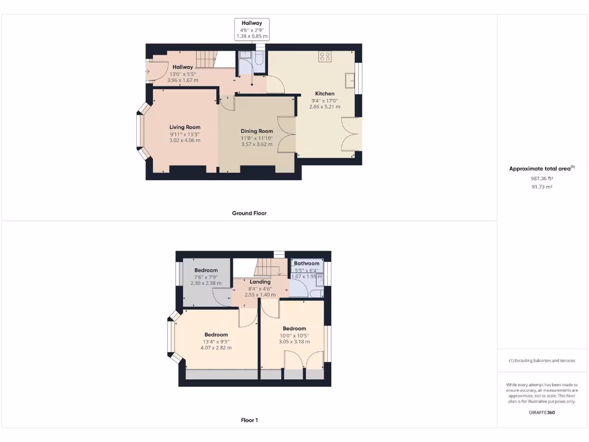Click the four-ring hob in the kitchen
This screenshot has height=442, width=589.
point(325,56)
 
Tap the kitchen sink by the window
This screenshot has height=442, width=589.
point(349,79)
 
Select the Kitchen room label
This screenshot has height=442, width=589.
point(324,93)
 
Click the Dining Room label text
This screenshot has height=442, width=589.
point(257,131)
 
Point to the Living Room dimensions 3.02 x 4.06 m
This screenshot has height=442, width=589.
point(185,140)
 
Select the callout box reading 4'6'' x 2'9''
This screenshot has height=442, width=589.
point(252,29)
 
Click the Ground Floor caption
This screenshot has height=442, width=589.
point(249,213)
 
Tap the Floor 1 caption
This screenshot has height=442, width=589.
point(249,420)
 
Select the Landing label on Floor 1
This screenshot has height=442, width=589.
point(260,281)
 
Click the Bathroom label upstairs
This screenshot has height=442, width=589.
point(307,264)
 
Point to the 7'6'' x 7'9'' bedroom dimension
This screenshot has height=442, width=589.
point(206,277)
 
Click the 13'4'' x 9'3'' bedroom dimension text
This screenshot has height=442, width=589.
point(216,341)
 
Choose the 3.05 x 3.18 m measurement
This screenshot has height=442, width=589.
point(294,342)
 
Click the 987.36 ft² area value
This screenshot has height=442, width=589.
point(541,178)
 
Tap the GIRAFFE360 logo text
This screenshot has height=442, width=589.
point(542,412)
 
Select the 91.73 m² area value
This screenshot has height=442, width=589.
point(541,187)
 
